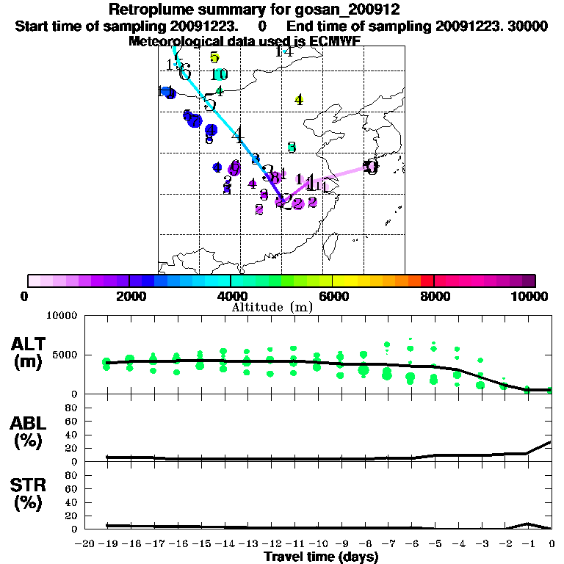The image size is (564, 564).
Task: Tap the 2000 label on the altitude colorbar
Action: coord(129,296)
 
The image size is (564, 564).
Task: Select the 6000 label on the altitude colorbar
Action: coord(333,296)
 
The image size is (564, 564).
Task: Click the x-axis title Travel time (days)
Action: coord(321,557)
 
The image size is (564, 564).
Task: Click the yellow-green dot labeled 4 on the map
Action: coord(299,100)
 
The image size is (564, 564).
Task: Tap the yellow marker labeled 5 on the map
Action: coord(214,57)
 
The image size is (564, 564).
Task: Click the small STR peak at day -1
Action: coord(527,524)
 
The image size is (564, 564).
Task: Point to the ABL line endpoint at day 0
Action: coord(551,442)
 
